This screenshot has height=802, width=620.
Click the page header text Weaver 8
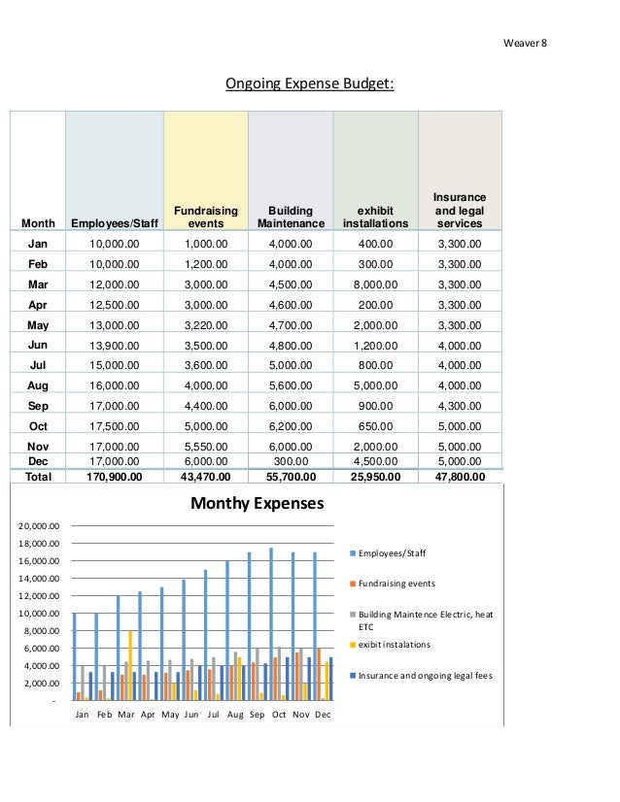525,43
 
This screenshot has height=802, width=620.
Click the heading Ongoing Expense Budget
310,84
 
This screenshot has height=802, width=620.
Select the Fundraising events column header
206,217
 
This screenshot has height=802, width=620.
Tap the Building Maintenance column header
291,217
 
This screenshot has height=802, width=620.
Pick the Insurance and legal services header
460,211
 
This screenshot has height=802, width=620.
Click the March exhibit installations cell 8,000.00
375,284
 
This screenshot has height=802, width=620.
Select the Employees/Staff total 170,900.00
114,477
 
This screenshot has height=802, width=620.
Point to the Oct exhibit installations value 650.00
375,426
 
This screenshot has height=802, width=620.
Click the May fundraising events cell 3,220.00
206,325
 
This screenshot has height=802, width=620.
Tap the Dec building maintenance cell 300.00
291,461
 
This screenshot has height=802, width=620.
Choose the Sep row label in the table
38,406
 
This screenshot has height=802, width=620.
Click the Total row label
39,477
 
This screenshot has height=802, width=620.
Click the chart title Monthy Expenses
257,503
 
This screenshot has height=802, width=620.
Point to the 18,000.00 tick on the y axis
39,543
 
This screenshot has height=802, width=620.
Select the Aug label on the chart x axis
235,715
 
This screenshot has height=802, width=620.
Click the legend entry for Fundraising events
393,584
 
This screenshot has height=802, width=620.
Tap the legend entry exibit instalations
390,645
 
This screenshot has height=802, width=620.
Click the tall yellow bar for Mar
130,665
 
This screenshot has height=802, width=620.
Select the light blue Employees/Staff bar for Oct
271,624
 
